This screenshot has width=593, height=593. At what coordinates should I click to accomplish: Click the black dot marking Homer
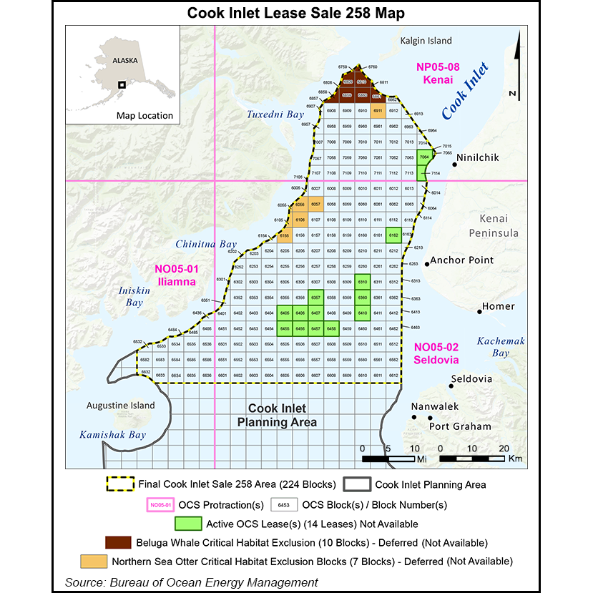(x=480, y=310)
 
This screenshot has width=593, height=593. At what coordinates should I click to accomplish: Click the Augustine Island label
(x=120, y=406)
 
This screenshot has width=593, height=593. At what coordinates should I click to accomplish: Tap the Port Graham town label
(x=460, y=426)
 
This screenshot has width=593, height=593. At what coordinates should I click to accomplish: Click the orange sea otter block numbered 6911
(x=378, y=112)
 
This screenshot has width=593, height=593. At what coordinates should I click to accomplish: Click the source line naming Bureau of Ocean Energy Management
(x=191, y=582)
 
